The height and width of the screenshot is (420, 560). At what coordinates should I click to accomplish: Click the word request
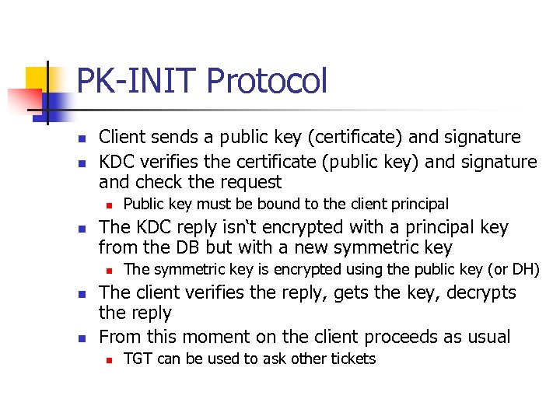pos(250,182)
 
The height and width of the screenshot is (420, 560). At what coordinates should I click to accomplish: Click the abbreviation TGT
pos(138,359)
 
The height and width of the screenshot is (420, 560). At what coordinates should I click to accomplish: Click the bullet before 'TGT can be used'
pos(111,360)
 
